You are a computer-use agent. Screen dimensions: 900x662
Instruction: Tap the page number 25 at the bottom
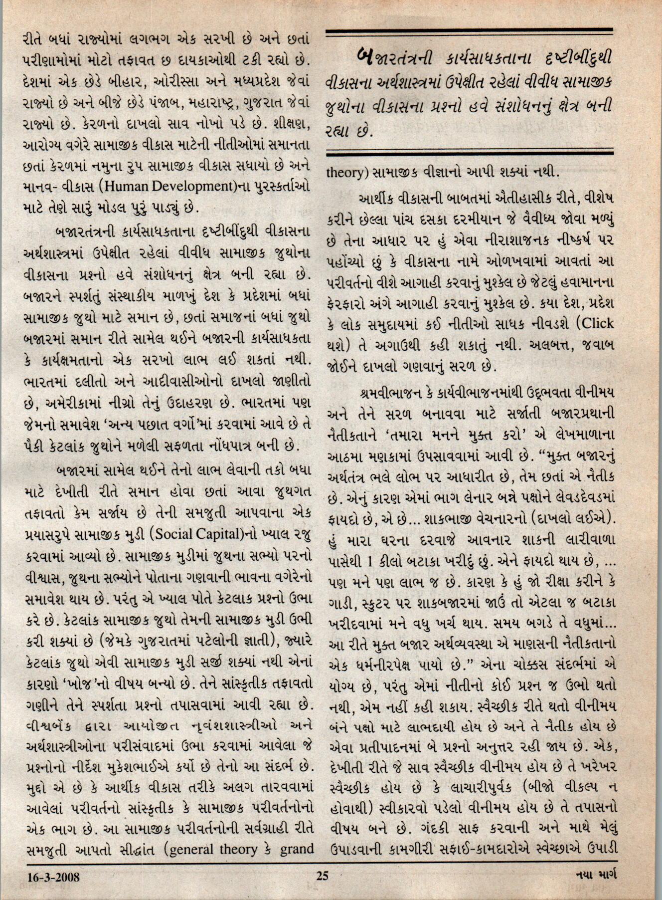click(x=323, y=876)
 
